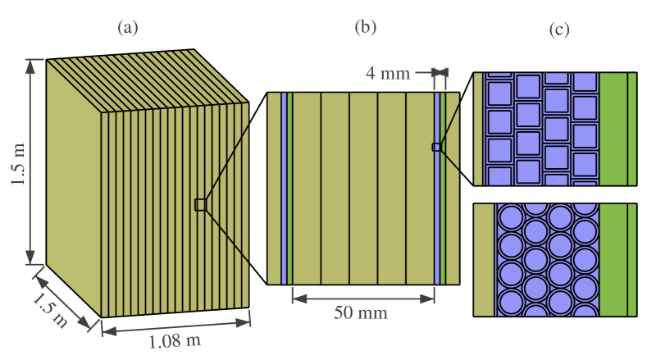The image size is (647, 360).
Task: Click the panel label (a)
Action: tap(129, 28)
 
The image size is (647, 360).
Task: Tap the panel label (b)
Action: tap(365, 27)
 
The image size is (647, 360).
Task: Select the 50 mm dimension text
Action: tap(362, 312)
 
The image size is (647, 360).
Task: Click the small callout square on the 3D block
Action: tap(200, 205)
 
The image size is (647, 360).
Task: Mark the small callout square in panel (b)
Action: tap(436, 147)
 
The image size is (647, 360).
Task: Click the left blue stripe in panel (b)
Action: tap(284, 189)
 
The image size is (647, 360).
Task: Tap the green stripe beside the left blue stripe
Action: tap(290, 189)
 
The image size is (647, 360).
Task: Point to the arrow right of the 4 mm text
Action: tap(426, 73)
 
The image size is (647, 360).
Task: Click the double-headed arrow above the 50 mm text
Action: tap(362, 295)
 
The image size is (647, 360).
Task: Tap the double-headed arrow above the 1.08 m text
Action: tap(175, 326)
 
